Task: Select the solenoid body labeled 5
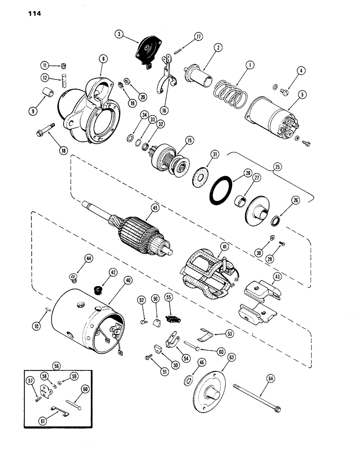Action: (x=271, y=119)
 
